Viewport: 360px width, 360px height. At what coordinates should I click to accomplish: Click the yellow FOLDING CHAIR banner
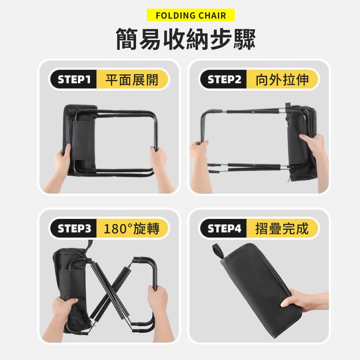[x=191, y=15]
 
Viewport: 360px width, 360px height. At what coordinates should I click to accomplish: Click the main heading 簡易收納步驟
[x=185, y=39]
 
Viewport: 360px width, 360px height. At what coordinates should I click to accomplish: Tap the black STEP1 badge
[x=74, y=80]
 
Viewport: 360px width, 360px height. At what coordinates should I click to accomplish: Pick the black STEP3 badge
[x=74, y=229]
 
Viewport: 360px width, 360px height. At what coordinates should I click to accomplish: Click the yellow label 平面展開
[x=132, y=80]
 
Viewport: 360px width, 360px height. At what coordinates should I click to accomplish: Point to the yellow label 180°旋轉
[x=132, y=229]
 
